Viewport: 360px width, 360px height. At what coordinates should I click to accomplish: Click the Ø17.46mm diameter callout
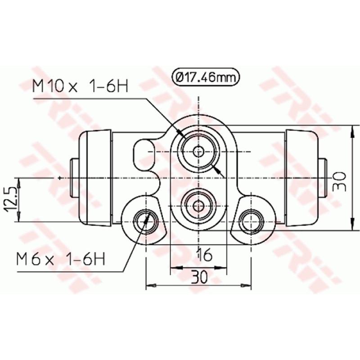tap(205, 77)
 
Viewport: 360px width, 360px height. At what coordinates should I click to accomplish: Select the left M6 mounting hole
tap(146, 220)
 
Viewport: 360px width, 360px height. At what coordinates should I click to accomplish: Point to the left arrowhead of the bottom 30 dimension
tap(150, 285)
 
